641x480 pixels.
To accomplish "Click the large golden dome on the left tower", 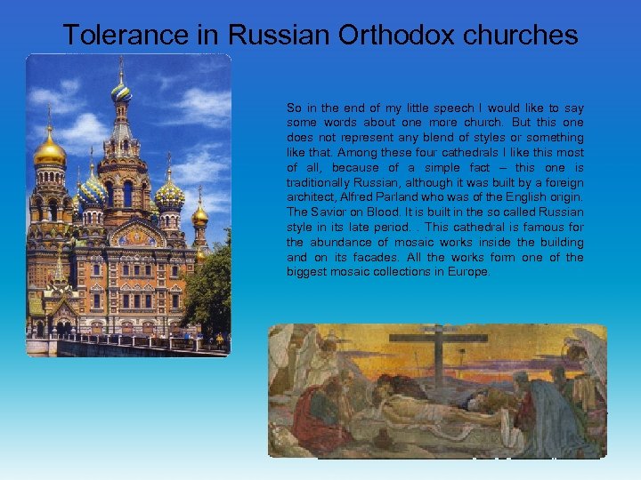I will (49, 150).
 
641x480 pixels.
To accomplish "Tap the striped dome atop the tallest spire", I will (120, 89).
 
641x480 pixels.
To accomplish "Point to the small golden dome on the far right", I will (200, 213).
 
